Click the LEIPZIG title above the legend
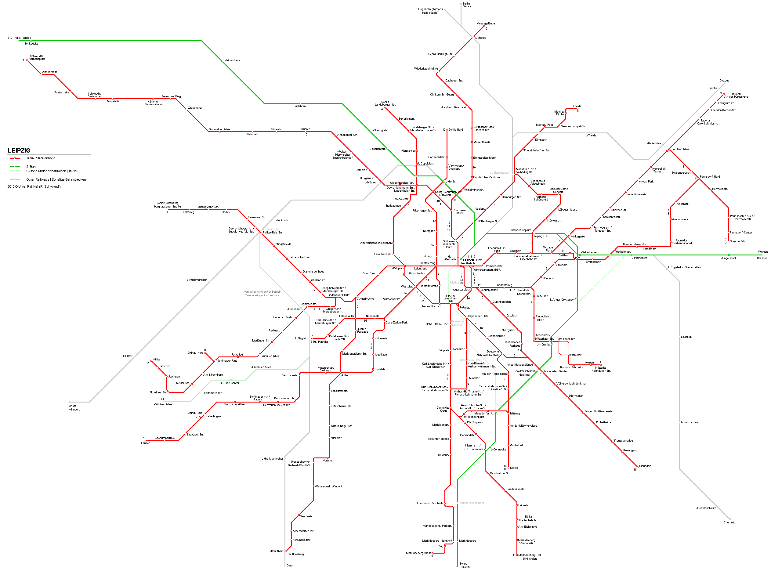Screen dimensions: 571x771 19,150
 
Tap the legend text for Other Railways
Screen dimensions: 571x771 56,179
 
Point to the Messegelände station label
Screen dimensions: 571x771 485,23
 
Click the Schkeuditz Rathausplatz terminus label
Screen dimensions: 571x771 37,57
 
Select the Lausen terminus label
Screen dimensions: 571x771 146,443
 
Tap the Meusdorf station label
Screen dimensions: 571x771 645,466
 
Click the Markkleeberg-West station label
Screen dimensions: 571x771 418,553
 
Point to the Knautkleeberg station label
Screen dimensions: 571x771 295,554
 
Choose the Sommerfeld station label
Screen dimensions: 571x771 737,241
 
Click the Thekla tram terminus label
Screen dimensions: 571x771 577,106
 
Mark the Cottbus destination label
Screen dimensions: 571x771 724,81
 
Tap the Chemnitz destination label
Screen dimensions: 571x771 729,522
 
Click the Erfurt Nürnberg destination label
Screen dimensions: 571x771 74,407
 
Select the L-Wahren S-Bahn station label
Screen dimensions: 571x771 299,106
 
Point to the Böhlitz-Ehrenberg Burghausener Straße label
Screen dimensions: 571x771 167,204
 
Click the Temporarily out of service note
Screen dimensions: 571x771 262,295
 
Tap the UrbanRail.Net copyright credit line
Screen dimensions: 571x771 34,187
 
